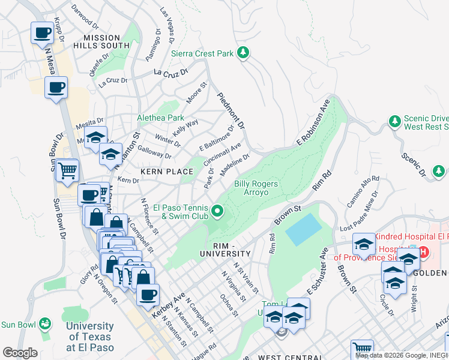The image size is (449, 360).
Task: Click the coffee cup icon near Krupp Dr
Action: coord(43,33)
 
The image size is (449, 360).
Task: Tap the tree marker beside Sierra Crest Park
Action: coord(243,53)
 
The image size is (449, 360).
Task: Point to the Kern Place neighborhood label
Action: coord(167,172)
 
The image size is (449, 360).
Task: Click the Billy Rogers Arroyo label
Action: coord(256,188)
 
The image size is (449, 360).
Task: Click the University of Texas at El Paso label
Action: coord(89,337)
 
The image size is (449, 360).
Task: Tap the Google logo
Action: coord(20,353)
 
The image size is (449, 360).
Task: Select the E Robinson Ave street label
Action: coord(313,122)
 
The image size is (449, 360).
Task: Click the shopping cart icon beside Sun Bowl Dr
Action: coord(67,171)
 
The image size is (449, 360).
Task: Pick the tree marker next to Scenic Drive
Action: coord(394,122)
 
